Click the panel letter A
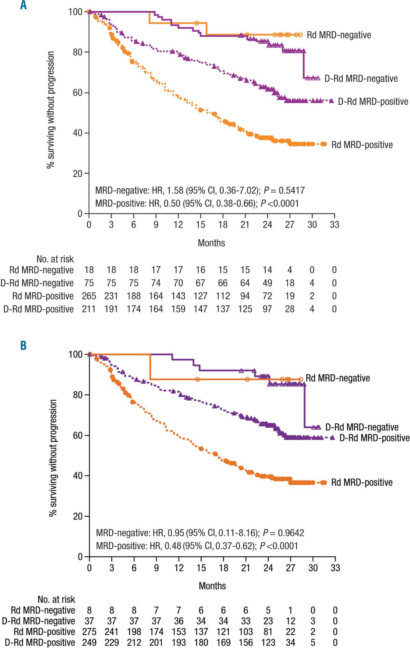point(23,5)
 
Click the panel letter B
point(23,346)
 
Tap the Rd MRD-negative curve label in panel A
point(339,35)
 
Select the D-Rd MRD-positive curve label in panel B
point(374,438)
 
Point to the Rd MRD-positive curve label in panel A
point(362,145)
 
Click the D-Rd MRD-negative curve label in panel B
point(362,427)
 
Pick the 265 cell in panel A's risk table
point(89,296)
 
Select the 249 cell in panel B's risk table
point(89,643)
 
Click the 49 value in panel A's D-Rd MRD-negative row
point(267,283)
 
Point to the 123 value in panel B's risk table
point(268,643)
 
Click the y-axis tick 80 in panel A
point(77,52)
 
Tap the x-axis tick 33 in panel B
point(335,568)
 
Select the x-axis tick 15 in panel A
point(201,225)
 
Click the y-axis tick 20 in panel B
point(78,516)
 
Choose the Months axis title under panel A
point(211,243)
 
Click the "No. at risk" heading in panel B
point(56,599)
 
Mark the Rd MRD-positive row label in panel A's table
point(43,296)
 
